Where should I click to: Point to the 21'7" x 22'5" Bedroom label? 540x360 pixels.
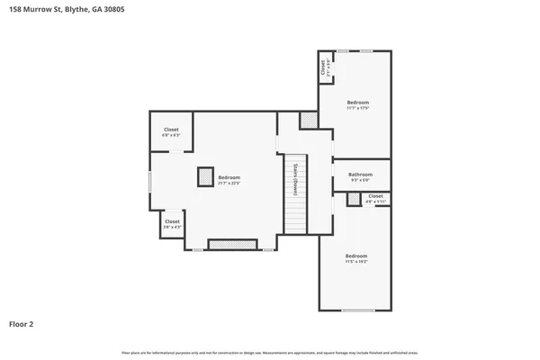[229, 180]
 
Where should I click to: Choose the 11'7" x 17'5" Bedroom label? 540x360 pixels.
[358, 105]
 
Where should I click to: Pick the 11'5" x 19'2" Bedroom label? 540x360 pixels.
[356, 258]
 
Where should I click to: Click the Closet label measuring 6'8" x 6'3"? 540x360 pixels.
[171, 132]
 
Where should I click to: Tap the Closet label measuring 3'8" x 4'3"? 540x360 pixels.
[172, 223]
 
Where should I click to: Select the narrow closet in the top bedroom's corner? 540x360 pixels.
[324, 67]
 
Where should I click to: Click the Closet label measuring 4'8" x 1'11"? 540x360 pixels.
[375, 198]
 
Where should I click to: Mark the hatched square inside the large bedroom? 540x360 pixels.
[205, 176]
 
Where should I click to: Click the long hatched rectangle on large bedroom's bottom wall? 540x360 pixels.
[232, 244]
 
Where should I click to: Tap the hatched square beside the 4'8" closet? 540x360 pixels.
[354, 198]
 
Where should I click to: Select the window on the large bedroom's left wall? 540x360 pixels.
[150, 180]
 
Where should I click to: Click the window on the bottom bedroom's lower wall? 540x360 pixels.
[357, 310]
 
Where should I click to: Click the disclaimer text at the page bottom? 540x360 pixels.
[270, 351]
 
